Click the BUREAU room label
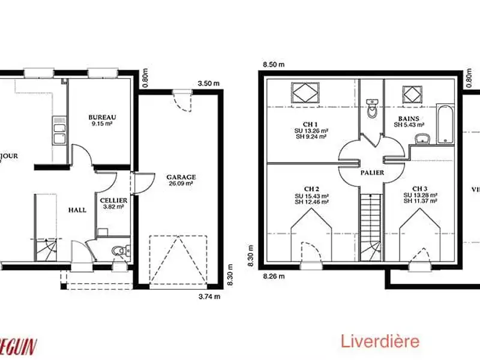click(x=101, y=117)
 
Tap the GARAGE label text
click(x=181, y=177)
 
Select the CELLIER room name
click(x=113, y=200)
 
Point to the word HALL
click(x=77, y=210)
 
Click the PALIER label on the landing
click(x=373, y=173)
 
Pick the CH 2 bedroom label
click(x=310, y=188)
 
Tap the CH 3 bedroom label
click(x=419, y=188)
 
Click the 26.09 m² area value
click(x=181, y=184)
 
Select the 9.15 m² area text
click(x=101, y=124)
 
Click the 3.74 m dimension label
click(x=209, y=296)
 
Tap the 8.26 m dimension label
click(x=272, y=277)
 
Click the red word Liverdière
click(x=380, y=342)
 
